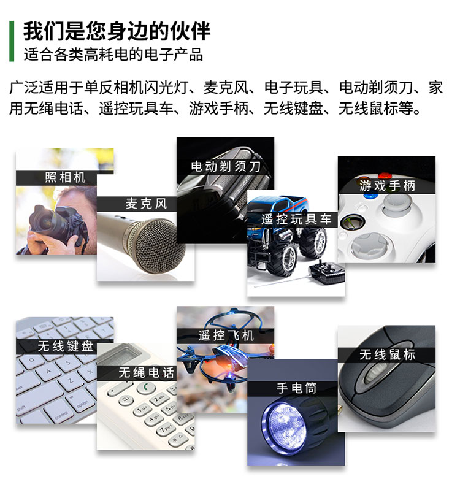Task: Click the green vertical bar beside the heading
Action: click(12, 41)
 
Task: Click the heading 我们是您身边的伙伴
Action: click(117, 31)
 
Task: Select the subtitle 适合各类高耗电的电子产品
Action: click(113, 55)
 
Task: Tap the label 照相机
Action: click(65, 177)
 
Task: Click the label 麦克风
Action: click(147, 204)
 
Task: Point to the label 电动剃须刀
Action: click(226, 166)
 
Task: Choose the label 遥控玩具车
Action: click(296, 220)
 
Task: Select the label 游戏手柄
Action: click(387, 185)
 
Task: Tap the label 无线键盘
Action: click(66, 347)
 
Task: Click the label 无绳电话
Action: click(147, 373)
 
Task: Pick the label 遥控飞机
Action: click(226, 335)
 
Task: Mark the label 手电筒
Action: click(296, 388)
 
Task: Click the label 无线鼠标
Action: click(387, 354)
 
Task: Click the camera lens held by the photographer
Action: click(42, 220)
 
